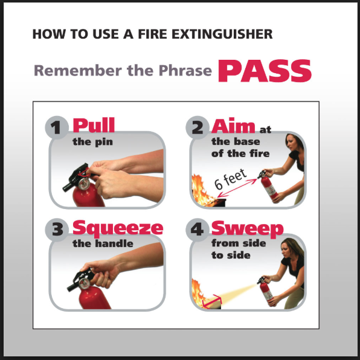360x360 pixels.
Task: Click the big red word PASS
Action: tap(265, 71)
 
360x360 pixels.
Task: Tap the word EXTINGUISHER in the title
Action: tap(222, 34)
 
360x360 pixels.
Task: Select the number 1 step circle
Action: tap(57, 127)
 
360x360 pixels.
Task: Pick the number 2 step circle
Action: tap(198, 127)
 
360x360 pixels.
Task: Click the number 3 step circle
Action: tap(57, 230)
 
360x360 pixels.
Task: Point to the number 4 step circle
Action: tap(198, 230)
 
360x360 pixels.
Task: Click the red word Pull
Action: tap(94, 125)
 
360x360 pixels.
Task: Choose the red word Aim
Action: tap(233, 126)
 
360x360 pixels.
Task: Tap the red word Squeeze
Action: tap(118, 229)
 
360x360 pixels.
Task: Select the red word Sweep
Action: tap(248, 229)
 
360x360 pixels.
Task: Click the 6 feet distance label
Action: tap(231, 179)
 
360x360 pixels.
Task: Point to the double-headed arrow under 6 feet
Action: tap(237, 188)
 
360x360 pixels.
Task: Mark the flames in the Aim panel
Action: tap(201, 191)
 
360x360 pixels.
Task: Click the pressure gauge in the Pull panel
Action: tap(83, 184)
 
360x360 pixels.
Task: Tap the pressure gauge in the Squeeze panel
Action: tap(84, 283)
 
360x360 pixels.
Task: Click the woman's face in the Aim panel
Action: tap(291, 143)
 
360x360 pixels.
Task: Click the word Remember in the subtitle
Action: tap(78, 70)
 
